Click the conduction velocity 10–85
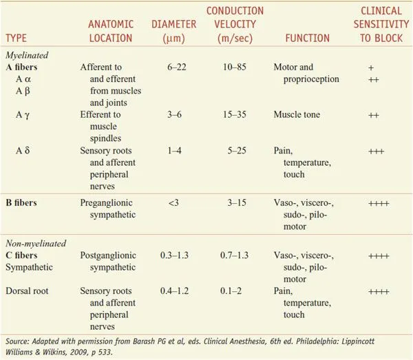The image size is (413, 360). coord(232,68)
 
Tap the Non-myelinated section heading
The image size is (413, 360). coord(34,243)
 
